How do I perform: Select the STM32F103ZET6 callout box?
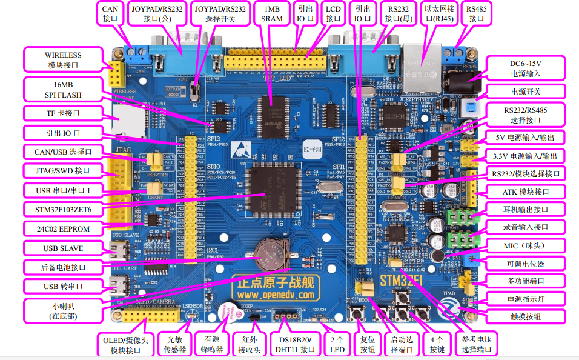pyautogui.click(x=63, y=210)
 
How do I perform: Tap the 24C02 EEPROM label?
pyautogui.click(x=63, y=229)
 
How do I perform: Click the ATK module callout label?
pyautogui.click(x=526, y=192)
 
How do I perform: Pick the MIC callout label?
pyautogui.click(x=526, y=246)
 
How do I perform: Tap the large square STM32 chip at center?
pyautogui.click(x=276, y=189)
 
